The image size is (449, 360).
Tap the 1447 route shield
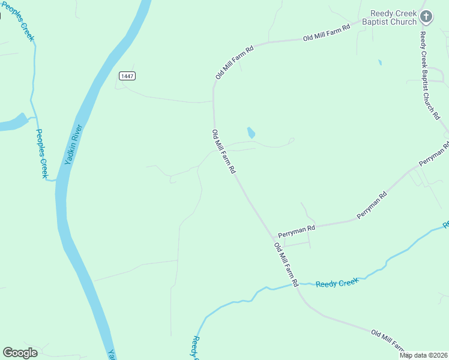127,76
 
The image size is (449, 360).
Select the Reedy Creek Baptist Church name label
393,17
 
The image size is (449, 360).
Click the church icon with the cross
426,17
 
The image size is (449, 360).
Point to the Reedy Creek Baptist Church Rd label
430,75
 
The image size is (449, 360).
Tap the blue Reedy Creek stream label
337,282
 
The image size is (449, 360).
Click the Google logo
20,353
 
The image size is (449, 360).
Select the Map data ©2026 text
423,355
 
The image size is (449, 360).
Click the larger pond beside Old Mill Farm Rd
251,133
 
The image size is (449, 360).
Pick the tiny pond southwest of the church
379,62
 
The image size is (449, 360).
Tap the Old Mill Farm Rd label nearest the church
327,33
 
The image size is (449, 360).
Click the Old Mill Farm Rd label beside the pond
223,152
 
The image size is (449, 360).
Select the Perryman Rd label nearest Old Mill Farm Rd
296,230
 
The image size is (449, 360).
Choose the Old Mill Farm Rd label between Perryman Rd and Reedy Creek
286,264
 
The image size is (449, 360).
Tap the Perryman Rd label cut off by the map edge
433,154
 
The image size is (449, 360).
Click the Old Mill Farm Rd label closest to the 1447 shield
235,62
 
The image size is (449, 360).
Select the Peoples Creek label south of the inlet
41,154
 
